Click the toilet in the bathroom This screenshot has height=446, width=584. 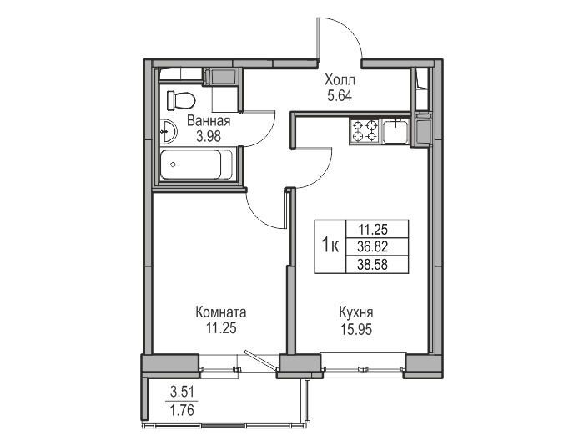pyautogui.click(x=181, y=100)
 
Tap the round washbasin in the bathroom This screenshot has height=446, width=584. pyautogui.click(x=168, y=131)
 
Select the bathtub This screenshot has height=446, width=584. pyautogui.click(x=197, y=165)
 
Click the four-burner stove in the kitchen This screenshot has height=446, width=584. pyautogui.click(x=365, y=131)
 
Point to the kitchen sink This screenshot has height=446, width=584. pyautogui.click(x=395, y=131)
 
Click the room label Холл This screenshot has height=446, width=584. pyautogui.click(x=340, y=80)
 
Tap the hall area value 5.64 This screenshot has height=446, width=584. pyautogui.click(x=340, y=96)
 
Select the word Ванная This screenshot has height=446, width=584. pyautogui.click(x=209, y=121)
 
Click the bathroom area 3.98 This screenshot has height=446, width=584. pyautogui.click(x=209, y=137)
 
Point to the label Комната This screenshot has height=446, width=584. pyautogui.click(x=221, y=312)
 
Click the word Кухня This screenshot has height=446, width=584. pyautogui.click(x=356, y=312)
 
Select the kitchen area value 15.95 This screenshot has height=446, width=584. pyautogui.click(x=356, y=329)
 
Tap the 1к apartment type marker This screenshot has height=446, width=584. pyautogui.click(x=330, y=246)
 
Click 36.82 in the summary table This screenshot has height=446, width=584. pyautogui.click(x=372, y=246)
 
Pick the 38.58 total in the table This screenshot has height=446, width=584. pyautogui.click(x=372, y=265)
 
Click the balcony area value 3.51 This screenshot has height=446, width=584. pyautogui.click(x=182, y=393)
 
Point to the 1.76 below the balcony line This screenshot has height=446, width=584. pyautogui.click(x=182, y=411)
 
